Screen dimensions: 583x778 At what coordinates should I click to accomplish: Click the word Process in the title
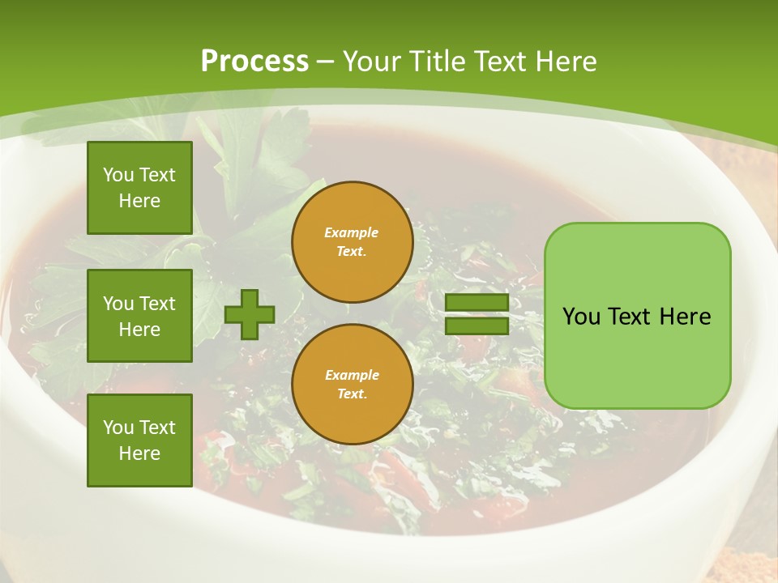tap(254, 62)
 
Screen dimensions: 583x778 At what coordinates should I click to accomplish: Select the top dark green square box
tap(139, 188)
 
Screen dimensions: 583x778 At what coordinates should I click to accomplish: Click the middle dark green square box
tap(139, 316)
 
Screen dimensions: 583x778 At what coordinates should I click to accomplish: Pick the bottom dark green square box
tap(139, 440)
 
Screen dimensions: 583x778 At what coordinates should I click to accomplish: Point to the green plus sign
tap(250, 314)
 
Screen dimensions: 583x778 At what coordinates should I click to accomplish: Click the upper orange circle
tap(353, 241)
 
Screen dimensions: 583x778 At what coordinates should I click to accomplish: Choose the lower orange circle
tap(353, 384)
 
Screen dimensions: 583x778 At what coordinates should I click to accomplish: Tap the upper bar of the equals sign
tap(477, 303)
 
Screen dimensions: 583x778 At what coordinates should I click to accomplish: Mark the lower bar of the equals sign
tap(477, 326)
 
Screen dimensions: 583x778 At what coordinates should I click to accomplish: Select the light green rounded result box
tap(637, 316)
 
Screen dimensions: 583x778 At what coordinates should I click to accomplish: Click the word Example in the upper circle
tap(351, 232)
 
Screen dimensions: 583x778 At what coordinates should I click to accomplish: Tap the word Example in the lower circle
tap(352, 375)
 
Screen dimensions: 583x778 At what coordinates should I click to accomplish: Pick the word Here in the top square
tap(139, 201)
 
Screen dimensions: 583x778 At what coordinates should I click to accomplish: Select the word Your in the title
tap(373, 62)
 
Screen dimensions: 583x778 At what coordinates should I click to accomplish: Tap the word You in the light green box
tap(581, 317)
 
